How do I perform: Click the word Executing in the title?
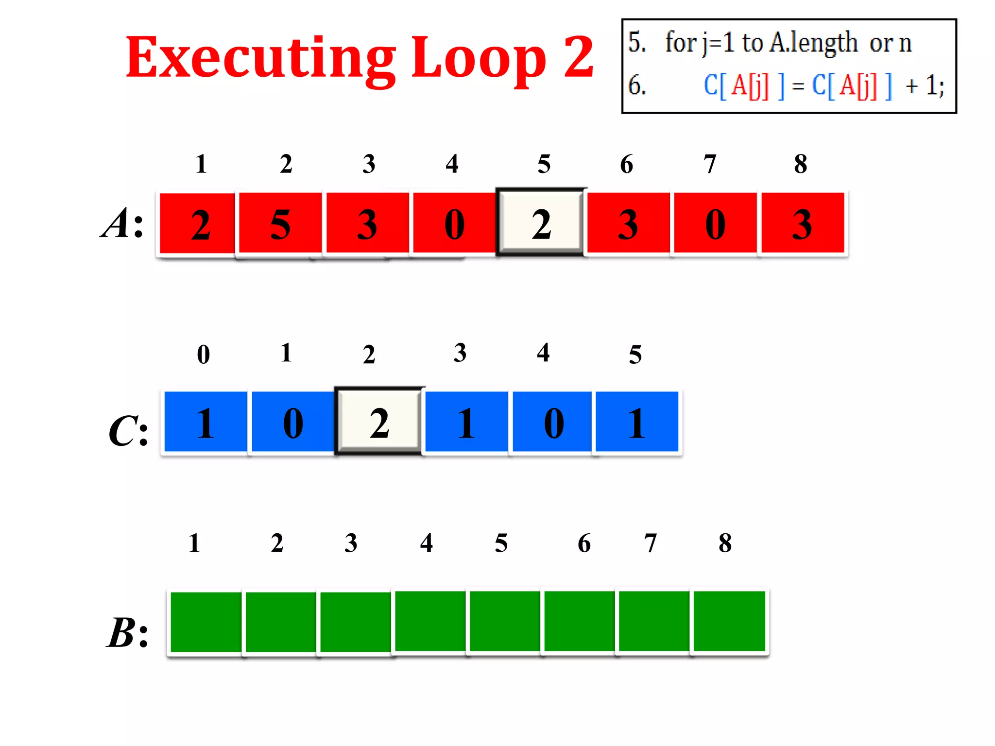click(x=260, y=58)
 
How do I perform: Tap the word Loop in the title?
click(x=479, y=58)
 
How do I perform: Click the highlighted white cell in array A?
click(x=541, y=223)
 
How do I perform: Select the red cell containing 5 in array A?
click(x=280, y=223)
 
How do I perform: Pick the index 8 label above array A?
click(x=800, y=164)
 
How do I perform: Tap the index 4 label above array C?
click(x=543, y=353)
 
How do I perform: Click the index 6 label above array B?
click(x=584, y=543)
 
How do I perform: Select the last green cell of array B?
click(x=729, y=621)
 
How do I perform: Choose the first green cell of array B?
click(x=206, y=622)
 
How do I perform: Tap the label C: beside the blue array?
click(x=128, y=431)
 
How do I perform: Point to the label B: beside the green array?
click(x=127, y=633)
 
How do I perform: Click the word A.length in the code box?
click(x=814, y=43)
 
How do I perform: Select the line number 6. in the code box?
click(x=637, y=85)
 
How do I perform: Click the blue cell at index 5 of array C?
click(x=636, y=422)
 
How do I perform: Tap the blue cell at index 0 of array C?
click(x=206, y=422)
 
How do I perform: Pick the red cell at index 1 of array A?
click(x=198, y=223)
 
